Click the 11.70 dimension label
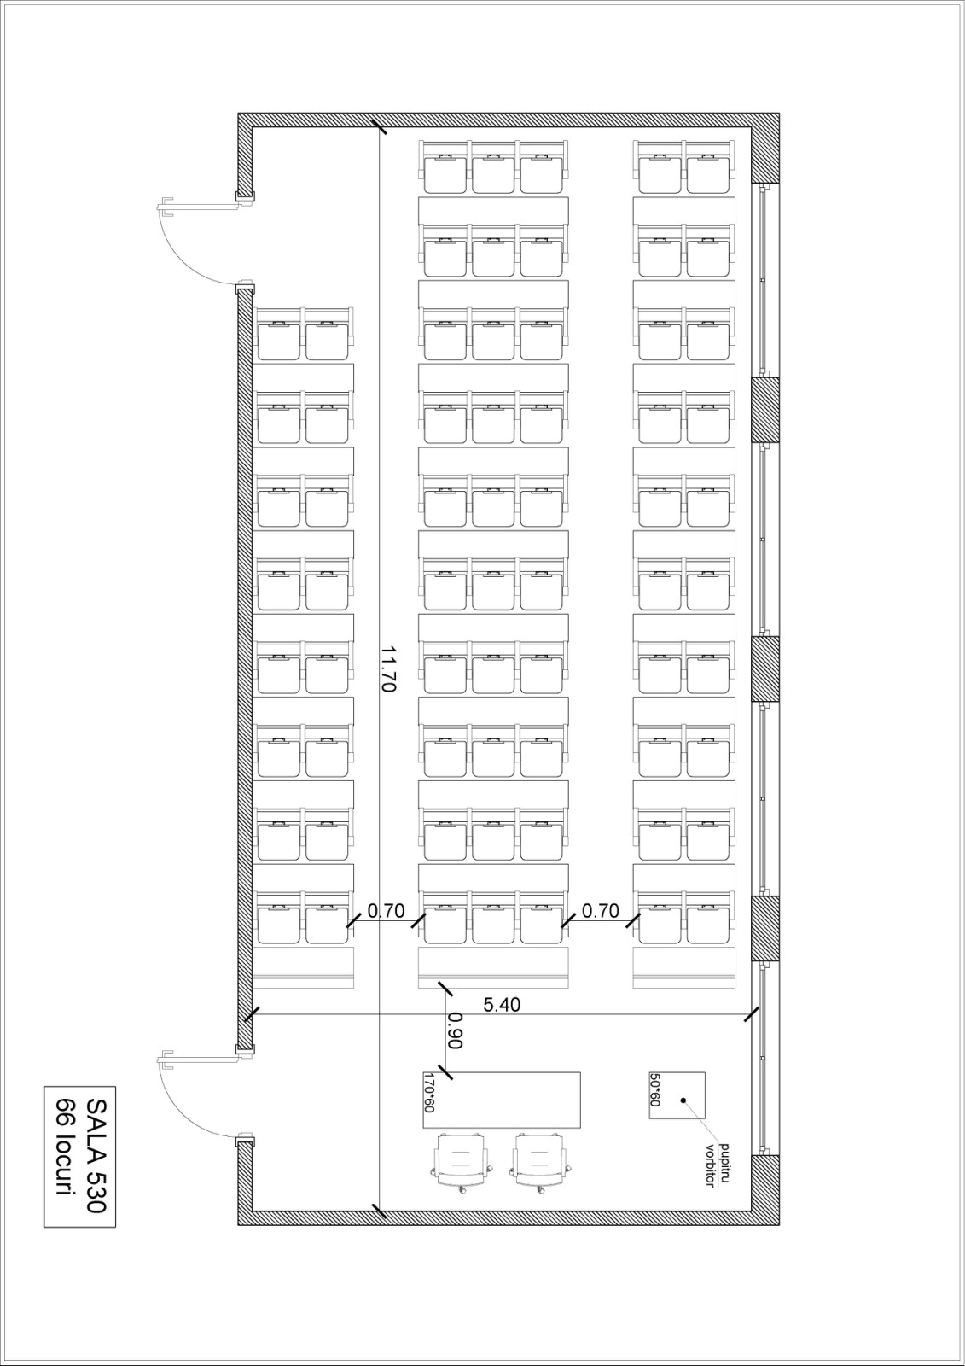tap(388, 668)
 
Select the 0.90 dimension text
tap(455, 1030)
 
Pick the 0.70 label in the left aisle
tap(386, 910)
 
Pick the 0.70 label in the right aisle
tap(601, 910)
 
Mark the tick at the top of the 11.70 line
tap(379, 128)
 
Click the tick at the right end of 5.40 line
tap(751, 1014)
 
